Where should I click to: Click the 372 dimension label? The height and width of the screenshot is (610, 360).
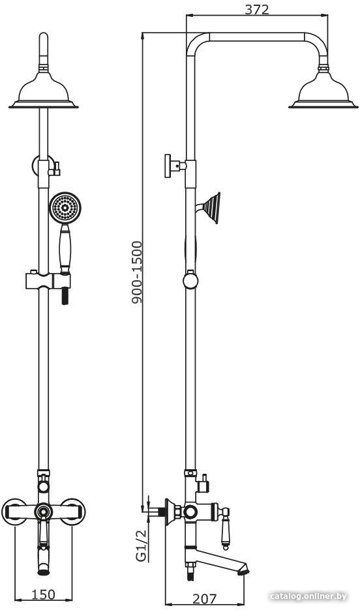tap(256, 9)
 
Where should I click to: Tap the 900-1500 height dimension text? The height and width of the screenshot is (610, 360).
tap(136, 272)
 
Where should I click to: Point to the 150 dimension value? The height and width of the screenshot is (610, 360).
tap(43, 594)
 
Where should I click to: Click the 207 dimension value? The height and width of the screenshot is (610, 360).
tap(204, 598)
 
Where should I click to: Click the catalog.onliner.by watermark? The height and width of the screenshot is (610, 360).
tap(308, 596)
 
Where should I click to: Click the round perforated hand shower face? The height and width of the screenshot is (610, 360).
tap(65, 208)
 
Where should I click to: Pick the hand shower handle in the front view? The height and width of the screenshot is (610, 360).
tap(65, 250)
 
